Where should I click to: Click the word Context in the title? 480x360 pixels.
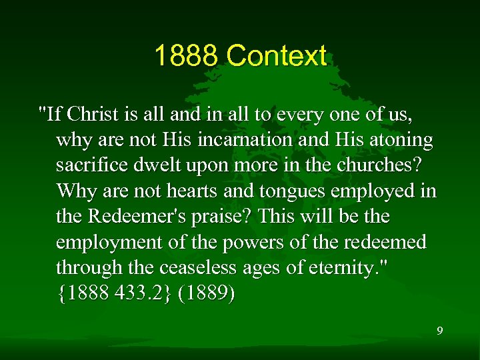pos(276,57)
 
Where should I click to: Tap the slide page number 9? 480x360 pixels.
pos(439,331)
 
